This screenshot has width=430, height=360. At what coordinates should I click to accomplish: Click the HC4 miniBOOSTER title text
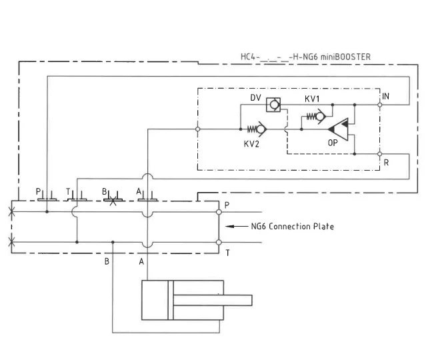click(305, 57)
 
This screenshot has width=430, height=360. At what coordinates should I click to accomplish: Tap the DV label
click(255, 98)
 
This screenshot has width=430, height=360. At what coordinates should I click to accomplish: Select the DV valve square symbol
click(272, 105)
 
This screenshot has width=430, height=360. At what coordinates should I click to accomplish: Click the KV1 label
click(313, 99)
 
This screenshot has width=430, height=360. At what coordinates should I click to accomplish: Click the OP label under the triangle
click(333, 143)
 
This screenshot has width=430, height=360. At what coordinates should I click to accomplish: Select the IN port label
click(386, 97)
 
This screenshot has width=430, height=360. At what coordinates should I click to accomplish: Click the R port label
click(386, 163)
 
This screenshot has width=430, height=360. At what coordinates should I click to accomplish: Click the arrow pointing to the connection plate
click(237, 227)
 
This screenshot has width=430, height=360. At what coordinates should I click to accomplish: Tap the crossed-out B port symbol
click(113, 199)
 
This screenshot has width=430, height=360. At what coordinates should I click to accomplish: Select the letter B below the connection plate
click(107, 261)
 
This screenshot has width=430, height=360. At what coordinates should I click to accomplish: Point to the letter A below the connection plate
click(141, 261)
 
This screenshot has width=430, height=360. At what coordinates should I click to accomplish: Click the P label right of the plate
click(227, 205)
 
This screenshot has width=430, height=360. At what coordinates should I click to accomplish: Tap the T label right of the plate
click(227, 253)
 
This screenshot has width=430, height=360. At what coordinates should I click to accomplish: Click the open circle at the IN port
click(379, 105)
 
